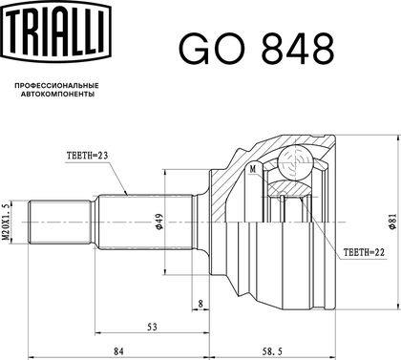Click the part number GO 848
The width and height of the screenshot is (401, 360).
[x=257, y=50]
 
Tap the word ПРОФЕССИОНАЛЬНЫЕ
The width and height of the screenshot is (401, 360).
[x=57, y=86]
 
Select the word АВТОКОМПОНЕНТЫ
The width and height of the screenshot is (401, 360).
[x=57, y=95]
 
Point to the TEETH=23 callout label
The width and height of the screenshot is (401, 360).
[x=87, y=156]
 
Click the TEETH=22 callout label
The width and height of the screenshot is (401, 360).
[x=364, y=252]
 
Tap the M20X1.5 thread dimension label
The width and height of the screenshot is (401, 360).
[x=6, y=222]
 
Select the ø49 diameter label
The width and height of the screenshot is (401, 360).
[x=159, y=222]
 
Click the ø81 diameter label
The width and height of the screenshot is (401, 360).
[x=393, y=222]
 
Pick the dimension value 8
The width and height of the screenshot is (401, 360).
[x=200, y=304]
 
